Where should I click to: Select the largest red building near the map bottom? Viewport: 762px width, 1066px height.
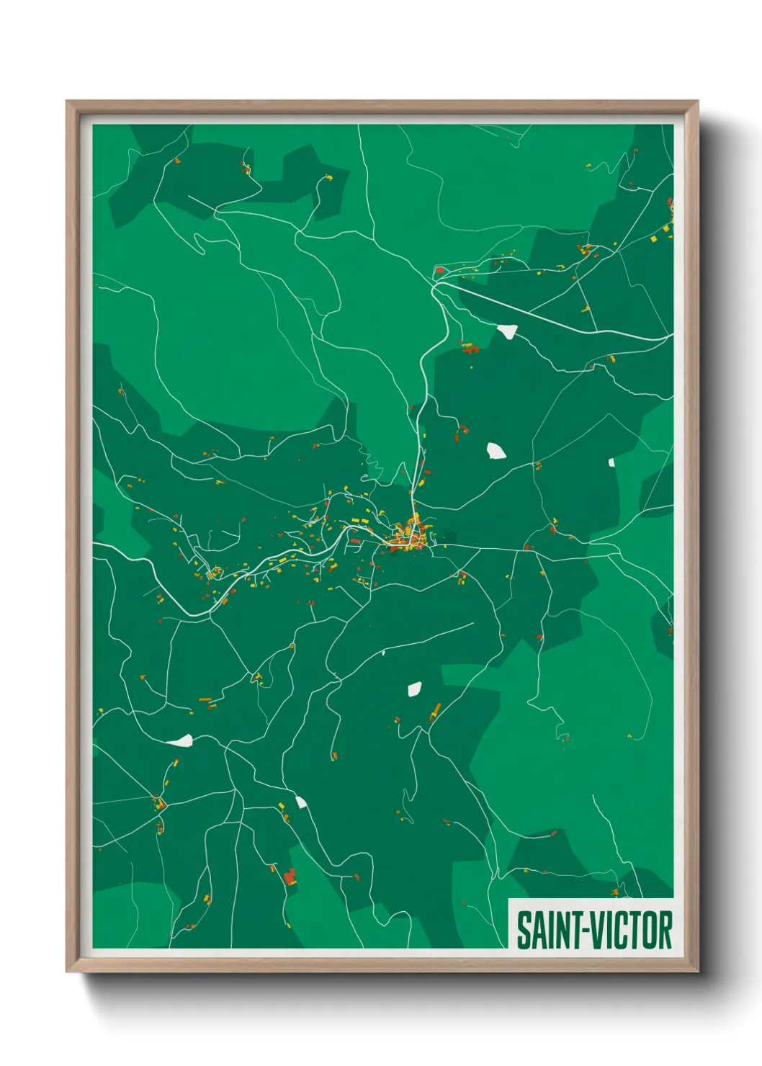[290, 877]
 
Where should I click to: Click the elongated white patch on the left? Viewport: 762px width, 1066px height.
[179, 740]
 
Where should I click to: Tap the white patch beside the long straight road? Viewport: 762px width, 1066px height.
[507, 331]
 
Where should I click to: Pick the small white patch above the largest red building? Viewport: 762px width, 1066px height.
[300, 802]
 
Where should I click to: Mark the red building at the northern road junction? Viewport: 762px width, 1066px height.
[439, 270]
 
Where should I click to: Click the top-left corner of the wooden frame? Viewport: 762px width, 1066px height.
[67, 102]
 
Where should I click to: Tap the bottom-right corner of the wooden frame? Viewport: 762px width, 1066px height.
[697, 972]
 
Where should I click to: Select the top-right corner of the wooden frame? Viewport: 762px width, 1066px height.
[697, 102]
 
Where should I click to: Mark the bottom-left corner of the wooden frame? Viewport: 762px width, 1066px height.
[67, 972]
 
